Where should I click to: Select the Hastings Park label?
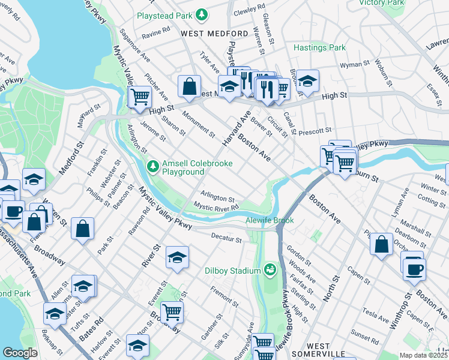(x=319, y=47)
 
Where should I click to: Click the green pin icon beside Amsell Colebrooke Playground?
(x=154, y=165)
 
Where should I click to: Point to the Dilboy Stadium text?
(x=231, y=271)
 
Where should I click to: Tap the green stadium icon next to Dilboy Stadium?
(x=270, y=269)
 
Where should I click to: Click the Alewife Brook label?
(x=270, y=220)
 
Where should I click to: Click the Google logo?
(x=20, y=352)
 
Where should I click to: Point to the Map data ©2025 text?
(x=423, y=355)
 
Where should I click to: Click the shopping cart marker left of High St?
(x=140, y=95)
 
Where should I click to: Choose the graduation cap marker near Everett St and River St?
(x=177, y=257)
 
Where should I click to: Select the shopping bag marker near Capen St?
(x=382, y=244)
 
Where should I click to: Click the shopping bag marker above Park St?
(x=83, y=228)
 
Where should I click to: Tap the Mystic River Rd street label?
(x=216, y=206)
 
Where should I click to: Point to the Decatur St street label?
(x=226, y=238)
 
